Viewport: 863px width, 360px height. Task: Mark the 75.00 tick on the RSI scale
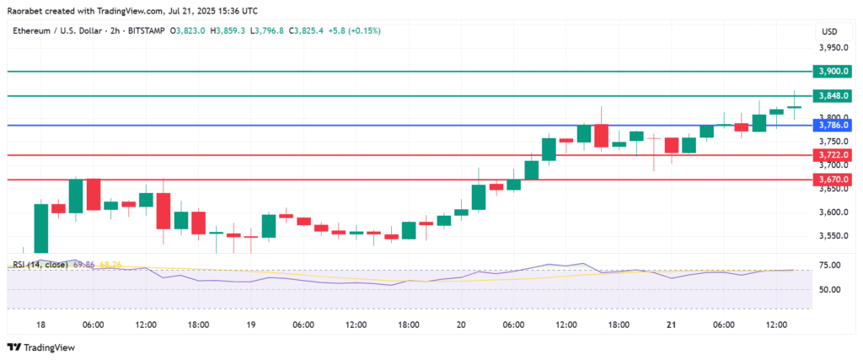coord(829,266)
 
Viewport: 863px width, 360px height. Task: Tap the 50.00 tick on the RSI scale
coord(829,290)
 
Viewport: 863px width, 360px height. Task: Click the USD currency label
coord(829,31)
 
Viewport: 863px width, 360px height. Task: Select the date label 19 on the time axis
coord(250,325)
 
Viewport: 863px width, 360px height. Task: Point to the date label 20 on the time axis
coord(461,325)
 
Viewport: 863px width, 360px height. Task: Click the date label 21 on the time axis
coord(671,325)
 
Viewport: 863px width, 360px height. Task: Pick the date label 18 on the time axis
coord(40,325)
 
